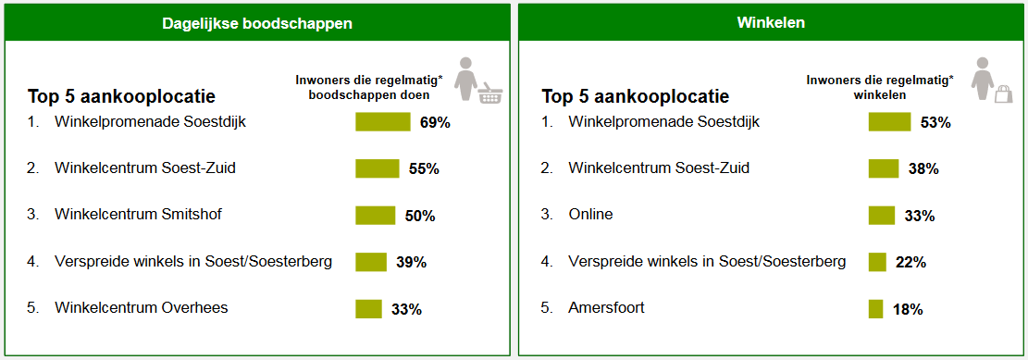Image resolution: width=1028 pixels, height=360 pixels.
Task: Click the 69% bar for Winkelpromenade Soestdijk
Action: point(382,122)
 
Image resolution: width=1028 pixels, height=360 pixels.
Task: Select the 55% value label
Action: point(423,169)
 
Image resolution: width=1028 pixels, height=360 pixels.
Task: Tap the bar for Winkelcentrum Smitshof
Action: point(375,216)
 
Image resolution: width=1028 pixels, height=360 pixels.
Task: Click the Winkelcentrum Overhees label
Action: point(141,308)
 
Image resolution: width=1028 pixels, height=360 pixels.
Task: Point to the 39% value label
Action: point(411,263)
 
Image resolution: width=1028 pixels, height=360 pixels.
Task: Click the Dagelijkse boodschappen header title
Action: point(256,23)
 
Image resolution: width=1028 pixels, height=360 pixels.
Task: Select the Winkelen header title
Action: point(771,22)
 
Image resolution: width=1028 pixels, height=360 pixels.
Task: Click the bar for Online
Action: point(881,216)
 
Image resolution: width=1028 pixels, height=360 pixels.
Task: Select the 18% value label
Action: point(908,310)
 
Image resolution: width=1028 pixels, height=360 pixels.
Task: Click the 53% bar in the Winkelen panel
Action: point(889,122)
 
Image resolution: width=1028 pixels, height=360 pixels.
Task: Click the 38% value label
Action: point(923,169)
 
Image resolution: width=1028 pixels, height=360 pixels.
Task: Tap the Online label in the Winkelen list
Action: point(590,215)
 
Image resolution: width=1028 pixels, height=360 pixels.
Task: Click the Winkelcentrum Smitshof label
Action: point(138,215)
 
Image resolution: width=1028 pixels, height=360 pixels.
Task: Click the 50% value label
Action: point(419,217)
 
